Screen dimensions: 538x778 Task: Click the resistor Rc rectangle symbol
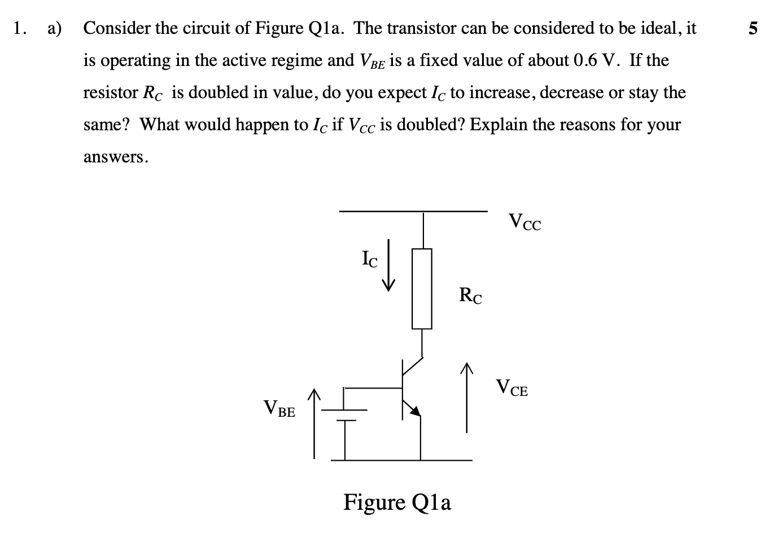coord(422,289)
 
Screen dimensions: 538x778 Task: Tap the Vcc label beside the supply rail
coord(525,222)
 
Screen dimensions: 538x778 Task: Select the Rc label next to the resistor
coord(470,296)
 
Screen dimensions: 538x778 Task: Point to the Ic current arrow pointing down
coord(388,264)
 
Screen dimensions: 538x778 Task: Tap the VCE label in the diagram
coord(512,388)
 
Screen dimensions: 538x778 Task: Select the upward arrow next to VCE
coord(466,398)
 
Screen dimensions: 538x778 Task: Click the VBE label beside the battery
coord(279,408)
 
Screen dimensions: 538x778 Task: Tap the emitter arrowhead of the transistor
coord(415,412)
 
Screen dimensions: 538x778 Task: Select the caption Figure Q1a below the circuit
coord(397,501)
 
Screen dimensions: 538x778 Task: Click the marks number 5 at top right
coord(752,28)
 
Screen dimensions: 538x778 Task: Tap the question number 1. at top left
coord(20,28)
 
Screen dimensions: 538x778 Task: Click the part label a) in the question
coord(55,28)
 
